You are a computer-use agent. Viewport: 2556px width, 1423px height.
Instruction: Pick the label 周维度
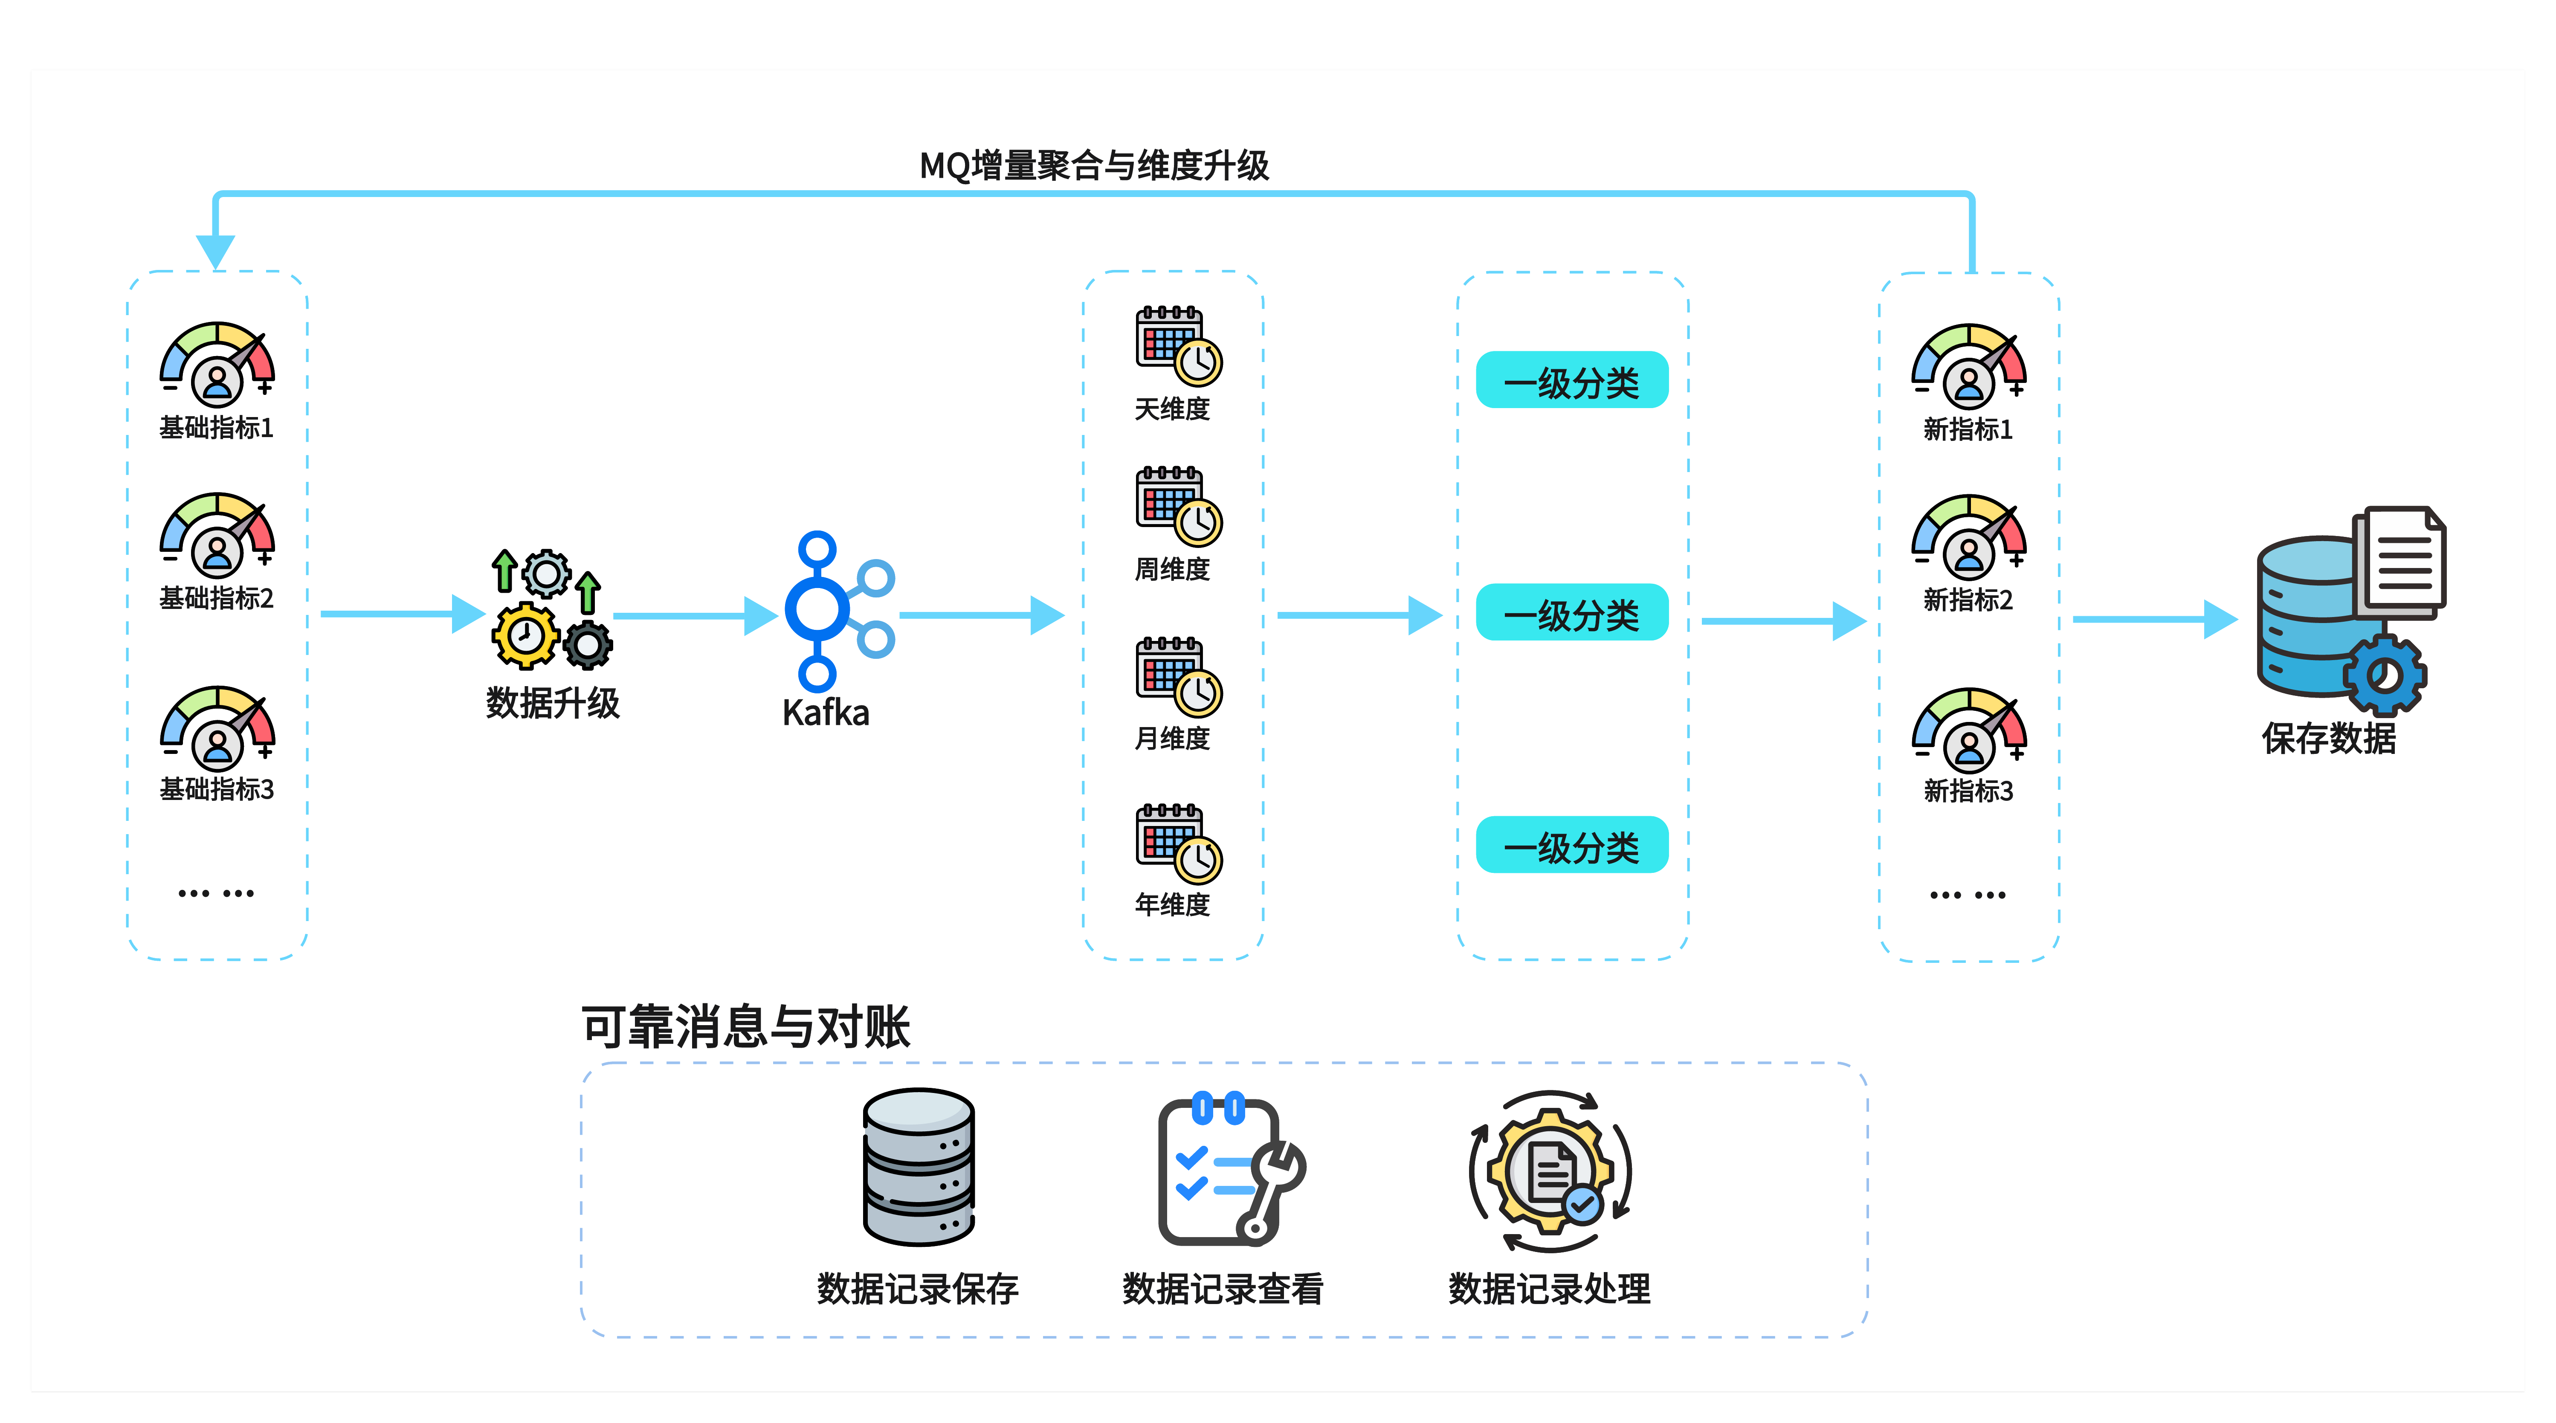pos(1173,570)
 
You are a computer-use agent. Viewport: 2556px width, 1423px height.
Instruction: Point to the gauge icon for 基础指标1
pos(217,365)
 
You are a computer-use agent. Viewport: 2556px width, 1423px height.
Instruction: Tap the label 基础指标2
pos(216,598)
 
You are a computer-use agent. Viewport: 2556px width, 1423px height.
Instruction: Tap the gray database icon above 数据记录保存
pos(919,1168)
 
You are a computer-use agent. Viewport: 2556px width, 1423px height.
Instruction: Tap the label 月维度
pos(1173,738)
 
